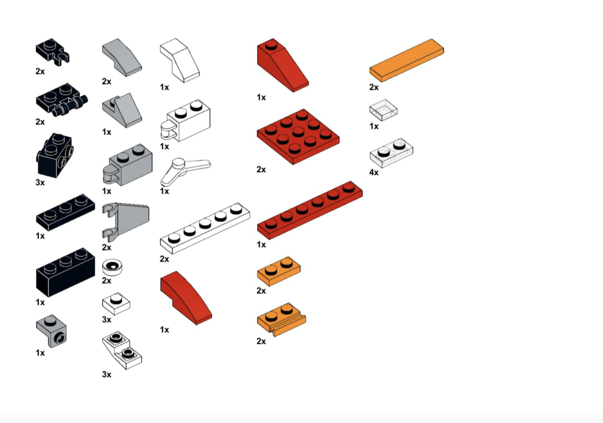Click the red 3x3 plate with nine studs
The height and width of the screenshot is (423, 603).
tap(298, 136)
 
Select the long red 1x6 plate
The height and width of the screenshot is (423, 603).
tap(310, 210)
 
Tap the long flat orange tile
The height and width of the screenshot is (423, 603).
tap(407, 60)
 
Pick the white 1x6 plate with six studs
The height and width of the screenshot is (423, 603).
tap(205, 228)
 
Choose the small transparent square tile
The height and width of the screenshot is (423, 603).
tap(383, 110)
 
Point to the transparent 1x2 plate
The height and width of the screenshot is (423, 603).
tap(391, 153)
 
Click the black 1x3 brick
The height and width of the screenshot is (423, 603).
tap(65, 272)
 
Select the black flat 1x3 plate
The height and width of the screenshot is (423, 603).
tap(65, 213)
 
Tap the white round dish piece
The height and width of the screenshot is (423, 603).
tap(112, 267)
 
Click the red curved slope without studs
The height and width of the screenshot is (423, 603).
tap(186, 298)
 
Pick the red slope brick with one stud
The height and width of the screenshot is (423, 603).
tap(283, 65)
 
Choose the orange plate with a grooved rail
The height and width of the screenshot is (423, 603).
tap(282, 319)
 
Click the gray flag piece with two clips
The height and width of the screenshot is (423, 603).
tap(125, 222)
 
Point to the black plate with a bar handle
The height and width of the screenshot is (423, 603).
tap(62, 100)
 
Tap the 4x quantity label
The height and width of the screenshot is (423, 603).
tap(374, 172)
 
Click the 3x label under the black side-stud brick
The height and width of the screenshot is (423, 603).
tap(40, 183)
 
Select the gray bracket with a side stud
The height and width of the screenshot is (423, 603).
tap(51, 331)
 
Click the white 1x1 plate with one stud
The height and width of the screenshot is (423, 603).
tap(116, 303)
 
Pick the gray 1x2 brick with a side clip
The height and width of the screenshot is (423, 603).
tap(128, 165)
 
